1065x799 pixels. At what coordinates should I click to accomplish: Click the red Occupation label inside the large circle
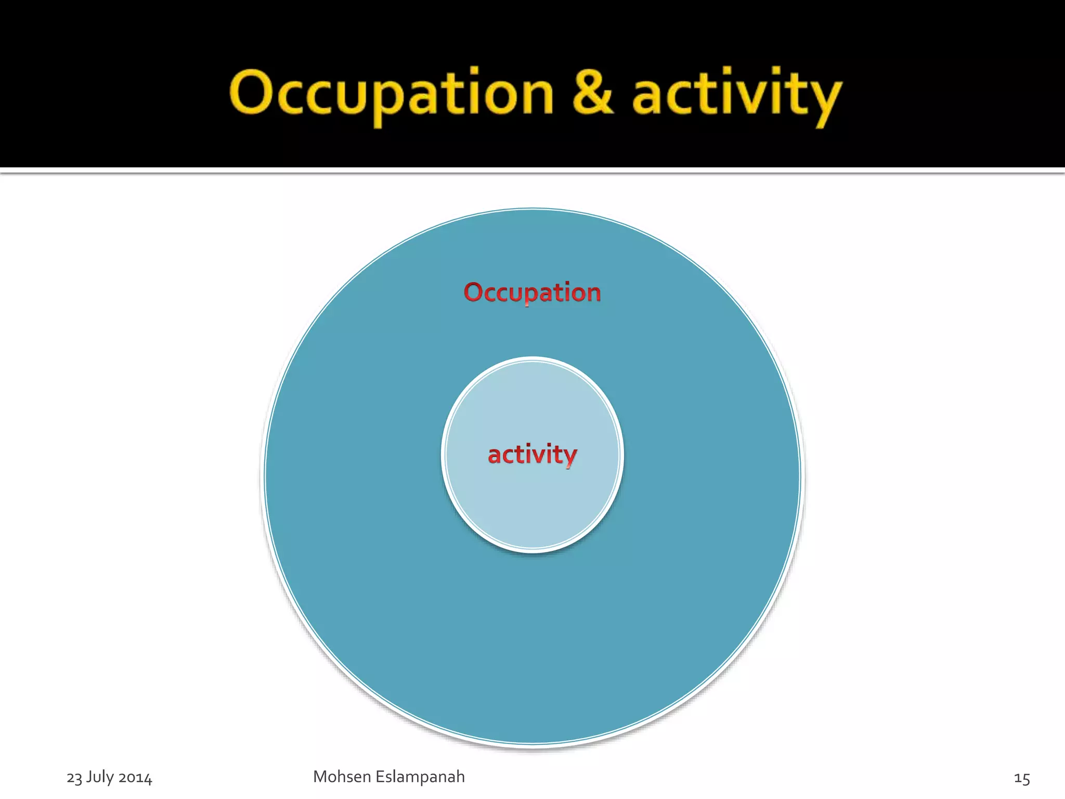coord(532,292)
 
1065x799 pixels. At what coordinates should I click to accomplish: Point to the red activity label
coord(532,455)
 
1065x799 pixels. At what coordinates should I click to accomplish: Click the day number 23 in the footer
coord(74,778)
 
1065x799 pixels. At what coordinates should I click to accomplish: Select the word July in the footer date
coord(100,777)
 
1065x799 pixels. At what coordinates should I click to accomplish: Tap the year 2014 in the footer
coord(135,778)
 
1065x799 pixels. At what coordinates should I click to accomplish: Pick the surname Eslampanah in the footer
coord(420,777)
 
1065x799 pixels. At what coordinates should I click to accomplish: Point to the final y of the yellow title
coord(825,99)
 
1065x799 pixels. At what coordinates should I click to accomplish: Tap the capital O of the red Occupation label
coord(474,292)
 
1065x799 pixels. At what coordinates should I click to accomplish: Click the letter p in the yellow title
coord(385,99)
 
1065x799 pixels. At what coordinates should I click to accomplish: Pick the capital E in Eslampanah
coord(380,777)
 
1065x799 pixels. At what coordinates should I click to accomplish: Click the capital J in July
coord(89,777)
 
